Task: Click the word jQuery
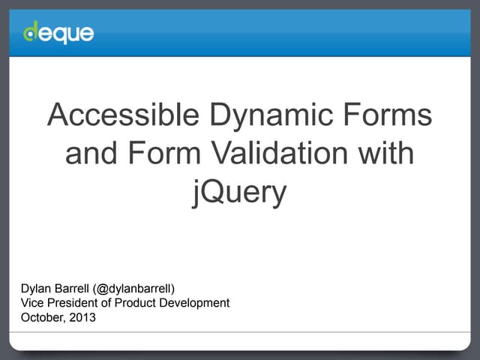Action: (239, 193)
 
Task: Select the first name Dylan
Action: (36, 289)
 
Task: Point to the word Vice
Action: (33, 303)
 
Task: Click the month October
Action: (42, 317)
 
